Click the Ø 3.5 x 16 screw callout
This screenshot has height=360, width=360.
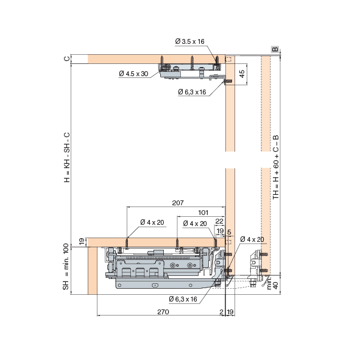pos(189,41)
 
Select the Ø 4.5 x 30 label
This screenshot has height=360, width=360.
pos(133,74)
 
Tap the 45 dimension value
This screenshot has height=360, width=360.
pos(242,74)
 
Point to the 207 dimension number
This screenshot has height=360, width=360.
pos(178,203)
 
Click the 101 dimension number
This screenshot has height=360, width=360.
pos(203,213)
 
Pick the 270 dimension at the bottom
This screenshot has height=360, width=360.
pos(163,312)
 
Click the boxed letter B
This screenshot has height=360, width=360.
pos(275,49)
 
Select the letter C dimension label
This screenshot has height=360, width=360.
pos(66,58)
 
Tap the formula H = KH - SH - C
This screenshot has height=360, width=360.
pos(66,158)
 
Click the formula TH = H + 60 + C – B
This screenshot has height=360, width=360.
pos(276,167)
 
